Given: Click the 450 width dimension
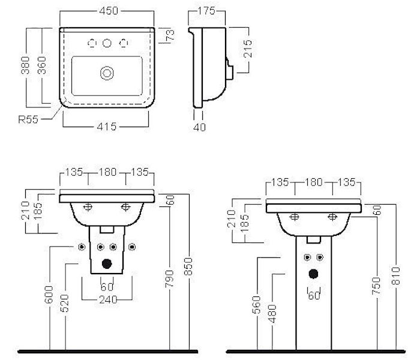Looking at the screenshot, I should tap(108, 11).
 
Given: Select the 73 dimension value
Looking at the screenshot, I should tap(170, 35).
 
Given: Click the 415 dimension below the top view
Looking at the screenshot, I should tap(106, 127).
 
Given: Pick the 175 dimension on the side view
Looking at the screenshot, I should tap(206, 11).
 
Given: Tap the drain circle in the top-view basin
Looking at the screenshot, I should tap(107, 73).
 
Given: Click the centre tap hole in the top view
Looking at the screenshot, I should tap(107, 43).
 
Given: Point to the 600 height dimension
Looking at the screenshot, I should tap(50, 296).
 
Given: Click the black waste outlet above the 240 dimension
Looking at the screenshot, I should tap(107, 263).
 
